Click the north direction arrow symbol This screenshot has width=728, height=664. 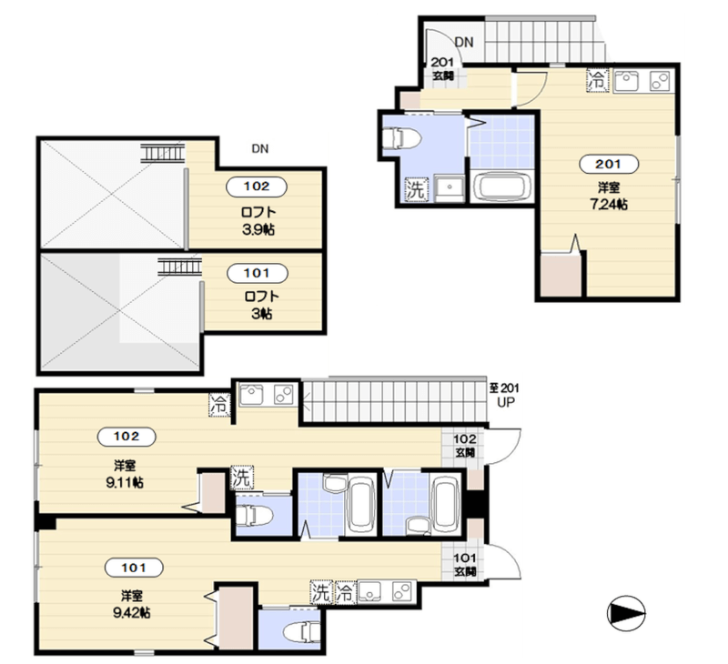click(x=626, y=614)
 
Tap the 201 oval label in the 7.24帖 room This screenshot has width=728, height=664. click(x=609, y=164)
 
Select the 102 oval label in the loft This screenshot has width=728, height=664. click(x=257, y=186)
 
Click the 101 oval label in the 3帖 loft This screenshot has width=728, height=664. click(x=257, y=273)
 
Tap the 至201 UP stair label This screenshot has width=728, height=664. click(x=504, y=395)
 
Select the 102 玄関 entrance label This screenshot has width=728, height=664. click(x=465, y=446)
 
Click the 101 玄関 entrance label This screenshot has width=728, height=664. click(x=465, y=564)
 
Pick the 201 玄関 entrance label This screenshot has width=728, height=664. click(x=442, y=68)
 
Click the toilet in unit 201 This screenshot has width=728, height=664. click(x=401, y=138)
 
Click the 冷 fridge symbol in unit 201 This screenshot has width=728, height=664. click(x=598, y=81)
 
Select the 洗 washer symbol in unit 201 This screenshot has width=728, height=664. click(x=416, y=189)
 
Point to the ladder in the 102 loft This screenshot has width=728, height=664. click(x=163, y=153)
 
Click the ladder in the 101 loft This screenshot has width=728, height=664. click(x=179, y=267)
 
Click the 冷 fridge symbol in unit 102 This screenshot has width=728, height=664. click(x=219, y=405)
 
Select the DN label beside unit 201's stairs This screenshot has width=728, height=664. click(x=464, y=42)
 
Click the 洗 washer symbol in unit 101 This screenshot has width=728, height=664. click(x=322, y=592)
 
